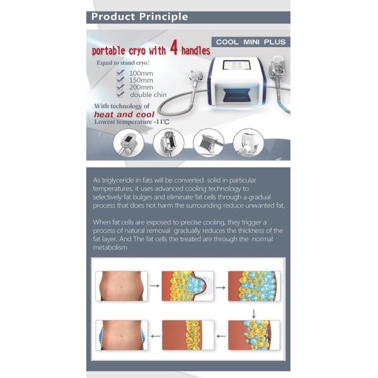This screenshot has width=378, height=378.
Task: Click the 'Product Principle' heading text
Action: [x=140, y=16]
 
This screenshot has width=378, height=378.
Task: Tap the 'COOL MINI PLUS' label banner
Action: [x=250, y=42]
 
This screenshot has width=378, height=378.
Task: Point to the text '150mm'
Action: [x=140, y=81]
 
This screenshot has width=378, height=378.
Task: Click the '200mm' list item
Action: [x=140, y=88]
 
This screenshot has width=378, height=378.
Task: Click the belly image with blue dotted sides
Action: [x=122, y=335]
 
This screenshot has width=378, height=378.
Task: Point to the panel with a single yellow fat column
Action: [x=188, y=335]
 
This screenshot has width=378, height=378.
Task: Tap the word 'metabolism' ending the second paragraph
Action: [x=110, y=248]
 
